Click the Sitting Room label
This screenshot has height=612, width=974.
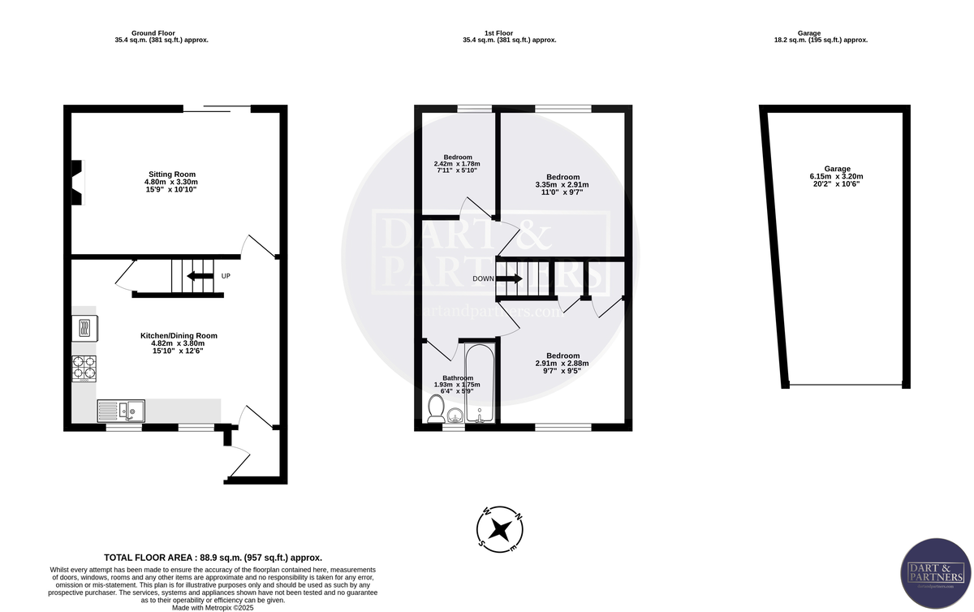[x=171, y=174]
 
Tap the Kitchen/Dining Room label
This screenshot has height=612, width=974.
[x=179, y=335]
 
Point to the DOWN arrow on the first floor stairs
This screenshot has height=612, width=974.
[x=509, y=278]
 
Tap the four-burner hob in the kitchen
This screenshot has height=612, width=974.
[x=84, y=368]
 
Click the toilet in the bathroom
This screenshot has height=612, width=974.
[x=435, y=411]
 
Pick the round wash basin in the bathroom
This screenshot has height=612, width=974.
[x=455, y=416]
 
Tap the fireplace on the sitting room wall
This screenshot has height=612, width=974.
[x=76, y=182]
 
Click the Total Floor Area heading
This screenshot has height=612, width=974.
[x=213, y=558]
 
